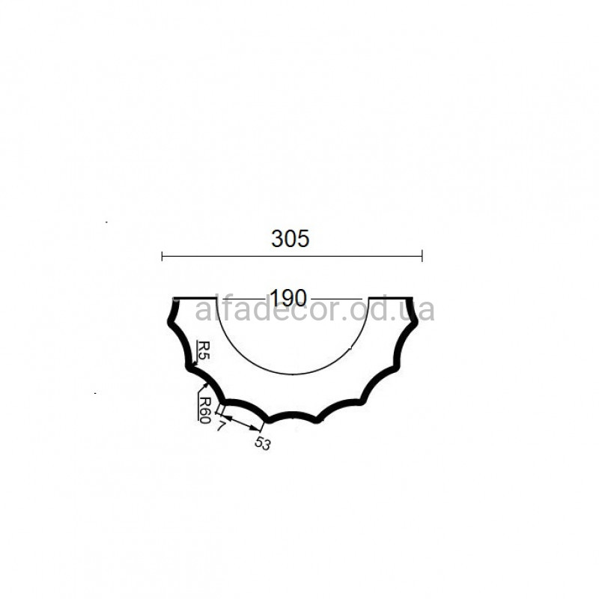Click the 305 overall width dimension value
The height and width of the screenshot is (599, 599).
290,239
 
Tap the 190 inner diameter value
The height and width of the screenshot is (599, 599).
288,298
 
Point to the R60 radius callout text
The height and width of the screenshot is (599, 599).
205,410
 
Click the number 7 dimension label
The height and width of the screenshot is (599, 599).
220,426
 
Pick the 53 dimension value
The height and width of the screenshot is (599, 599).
263,443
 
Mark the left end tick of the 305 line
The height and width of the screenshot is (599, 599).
162,256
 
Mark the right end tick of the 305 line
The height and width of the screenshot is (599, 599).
422,256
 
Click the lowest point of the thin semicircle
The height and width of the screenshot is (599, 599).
293,374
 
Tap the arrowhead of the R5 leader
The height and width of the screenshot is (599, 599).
192,364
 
